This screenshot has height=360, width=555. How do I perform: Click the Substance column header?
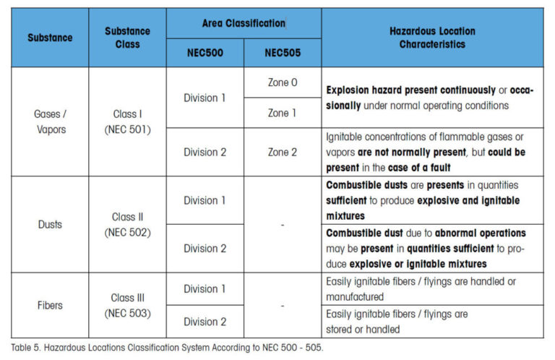(x=50, y=38)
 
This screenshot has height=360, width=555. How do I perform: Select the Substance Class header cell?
(x=127, y=38)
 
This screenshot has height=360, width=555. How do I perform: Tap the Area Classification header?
(x=244, y=23)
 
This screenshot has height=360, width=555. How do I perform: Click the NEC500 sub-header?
(x=205, y=52)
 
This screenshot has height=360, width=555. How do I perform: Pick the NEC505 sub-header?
(x=283, y=52)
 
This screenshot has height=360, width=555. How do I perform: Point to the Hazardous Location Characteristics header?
(x=432, y=38)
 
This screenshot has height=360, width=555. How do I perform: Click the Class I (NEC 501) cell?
(x=127, y=121)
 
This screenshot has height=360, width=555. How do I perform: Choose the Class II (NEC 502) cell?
(x=127, y=224)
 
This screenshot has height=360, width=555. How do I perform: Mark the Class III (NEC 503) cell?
(x=127, y=305)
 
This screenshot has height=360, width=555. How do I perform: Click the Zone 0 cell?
(x=283, y=82)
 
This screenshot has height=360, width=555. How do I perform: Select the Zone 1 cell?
(x=283, y=113)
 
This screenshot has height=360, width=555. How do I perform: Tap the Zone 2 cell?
(x=283, y=152)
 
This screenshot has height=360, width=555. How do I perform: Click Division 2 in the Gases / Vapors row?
(x=205, y=152)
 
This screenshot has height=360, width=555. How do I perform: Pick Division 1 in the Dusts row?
(x=205, y=200)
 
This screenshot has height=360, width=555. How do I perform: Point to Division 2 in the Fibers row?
(x=205, y=321)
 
